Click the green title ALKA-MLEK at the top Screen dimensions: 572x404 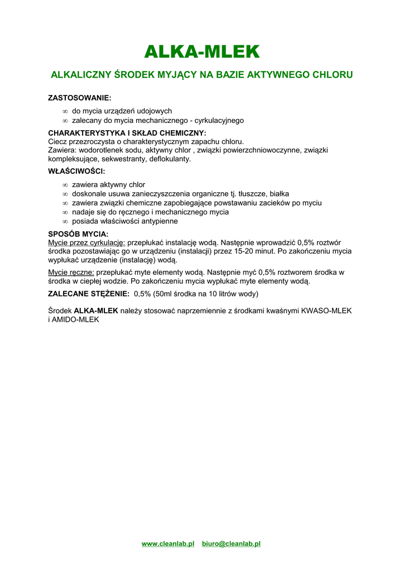pyautogui.click(x=202, y=52)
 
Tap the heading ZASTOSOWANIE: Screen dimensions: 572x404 pyautogui.click(x=80, y=98)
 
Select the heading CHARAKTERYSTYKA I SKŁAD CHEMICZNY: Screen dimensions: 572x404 pyautogui.click(x=127, y=133)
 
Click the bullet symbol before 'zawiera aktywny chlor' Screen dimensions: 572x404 pyautogui.click(x=65, y=185)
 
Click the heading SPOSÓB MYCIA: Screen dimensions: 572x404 pyautogui.click(x=79, y=234)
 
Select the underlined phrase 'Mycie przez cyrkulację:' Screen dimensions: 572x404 pyautogui.click(x=86, y=242)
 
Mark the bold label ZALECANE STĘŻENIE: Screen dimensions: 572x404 pyautogui.click(x=89, y=294)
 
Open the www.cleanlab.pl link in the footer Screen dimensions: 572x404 pyautogui.click(x=168, y=544)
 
